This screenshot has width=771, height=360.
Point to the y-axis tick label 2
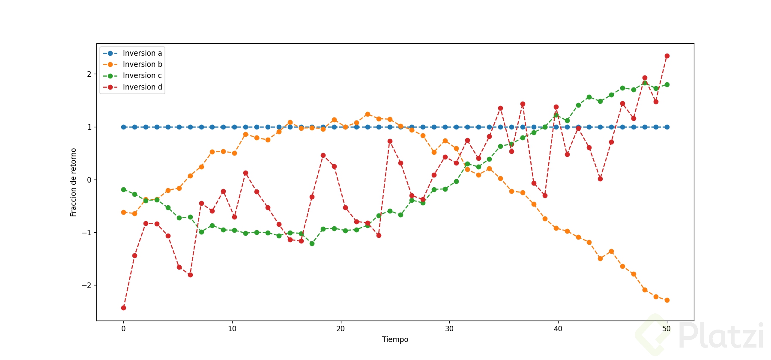(x=89, y=74)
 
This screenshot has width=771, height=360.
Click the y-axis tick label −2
(x=87, y=285)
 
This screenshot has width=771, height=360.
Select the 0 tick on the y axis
(x=89, y=180)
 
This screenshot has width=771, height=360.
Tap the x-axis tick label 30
(x=449, y=329)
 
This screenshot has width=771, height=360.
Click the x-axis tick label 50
(x=666, y=329)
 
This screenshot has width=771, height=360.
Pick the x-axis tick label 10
(x=232, y=329)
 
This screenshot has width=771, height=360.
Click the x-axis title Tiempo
(x=395, y=339)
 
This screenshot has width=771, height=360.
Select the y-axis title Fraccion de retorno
(x=73, y=182)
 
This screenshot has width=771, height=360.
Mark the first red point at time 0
(x=123, y=308)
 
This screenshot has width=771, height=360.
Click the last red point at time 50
(x=667, y=56)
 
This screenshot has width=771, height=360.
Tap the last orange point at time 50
(x=667, y=300)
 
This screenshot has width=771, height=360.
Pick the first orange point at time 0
(x=123, y=212)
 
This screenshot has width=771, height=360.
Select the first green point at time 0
(x=123, y=189)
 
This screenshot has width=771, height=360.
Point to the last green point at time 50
(x=667, y=84)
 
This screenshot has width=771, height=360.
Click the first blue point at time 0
(x=123, y=127)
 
